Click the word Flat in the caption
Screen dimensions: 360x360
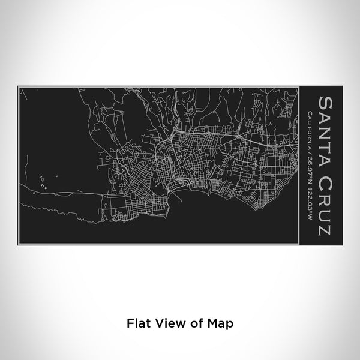point(137,322)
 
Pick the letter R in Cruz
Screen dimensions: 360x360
point(326,189)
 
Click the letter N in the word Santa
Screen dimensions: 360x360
point(326,126)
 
